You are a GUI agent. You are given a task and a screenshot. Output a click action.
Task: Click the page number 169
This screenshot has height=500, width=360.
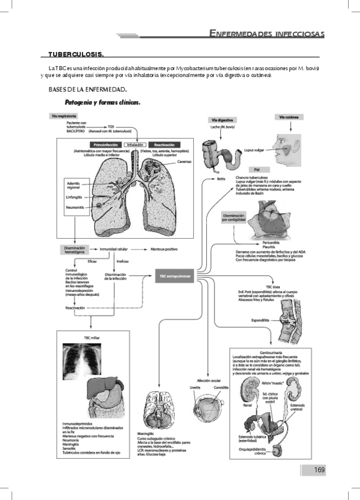tap(319, 469)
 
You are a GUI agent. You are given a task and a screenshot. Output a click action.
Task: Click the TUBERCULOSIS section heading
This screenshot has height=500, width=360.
tap(76, 55)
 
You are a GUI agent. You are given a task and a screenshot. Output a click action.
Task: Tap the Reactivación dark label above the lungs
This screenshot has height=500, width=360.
tap(164, 144)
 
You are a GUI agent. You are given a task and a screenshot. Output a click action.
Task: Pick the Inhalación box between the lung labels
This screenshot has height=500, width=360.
tap(136, 144)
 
